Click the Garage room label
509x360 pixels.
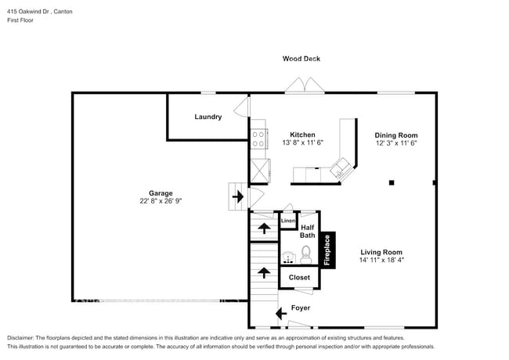pos(161,193)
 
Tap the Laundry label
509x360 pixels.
pos(208,117)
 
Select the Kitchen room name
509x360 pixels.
pos(302,135)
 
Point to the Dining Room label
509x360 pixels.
pos(396,135)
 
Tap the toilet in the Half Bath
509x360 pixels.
pos(306,254)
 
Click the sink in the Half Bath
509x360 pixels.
pos(288,256)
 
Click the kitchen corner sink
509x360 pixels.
pos(341,167)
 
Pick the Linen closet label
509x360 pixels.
pos(288,221)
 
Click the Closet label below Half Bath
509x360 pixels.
pos(299,277)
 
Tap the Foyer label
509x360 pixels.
pos(301,308)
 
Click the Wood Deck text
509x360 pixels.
pos(301,59)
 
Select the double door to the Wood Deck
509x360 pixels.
pos(302,85)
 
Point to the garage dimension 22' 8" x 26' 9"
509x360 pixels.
pos(161,200)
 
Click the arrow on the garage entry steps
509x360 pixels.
pos(237,193)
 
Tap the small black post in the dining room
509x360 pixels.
pos(392,183)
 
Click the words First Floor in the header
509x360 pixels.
pos(21,22)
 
